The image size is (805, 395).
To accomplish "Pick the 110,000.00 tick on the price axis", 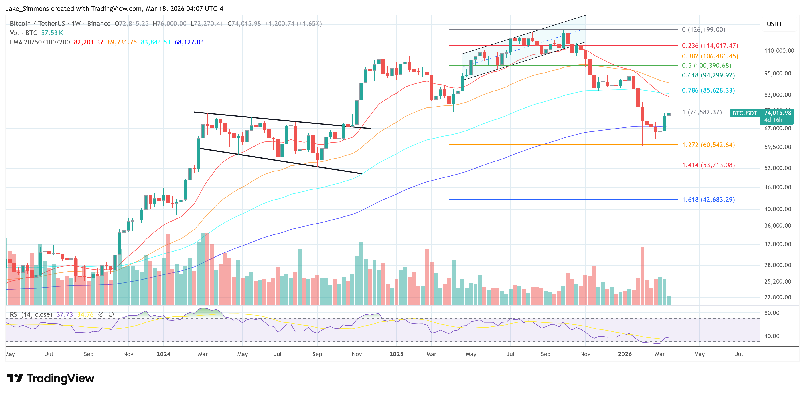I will point(779,51).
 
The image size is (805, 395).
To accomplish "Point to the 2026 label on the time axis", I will point(624,354).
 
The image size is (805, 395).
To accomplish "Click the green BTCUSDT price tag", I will point(744,113).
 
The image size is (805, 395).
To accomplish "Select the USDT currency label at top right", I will point(774,24).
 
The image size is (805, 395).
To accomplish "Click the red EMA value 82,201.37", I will point(89,42).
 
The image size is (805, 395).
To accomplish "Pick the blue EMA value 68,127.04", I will point(189,42).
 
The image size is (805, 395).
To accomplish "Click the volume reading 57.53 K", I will point(52,33).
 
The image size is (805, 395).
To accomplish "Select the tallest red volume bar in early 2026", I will point(642,275).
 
